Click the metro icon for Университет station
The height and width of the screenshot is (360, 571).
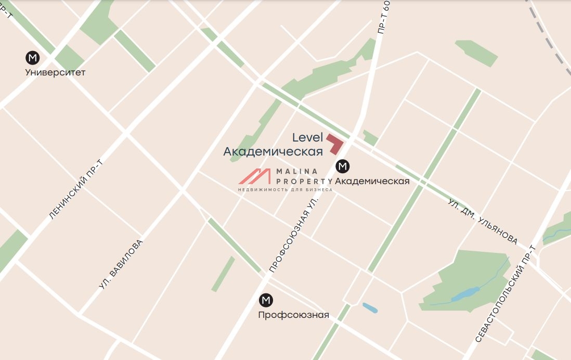tap(33, 57)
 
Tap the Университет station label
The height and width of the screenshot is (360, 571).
tap(55, 72)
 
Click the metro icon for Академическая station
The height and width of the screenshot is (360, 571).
tap(343, 166)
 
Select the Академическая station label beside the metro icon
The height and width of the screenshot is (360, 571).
tap(372, 181)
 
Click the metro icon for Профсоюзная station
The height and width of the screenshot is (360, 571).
tap(266, 300)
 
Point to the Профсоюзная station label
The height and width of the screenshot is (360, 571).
tap(294, 315)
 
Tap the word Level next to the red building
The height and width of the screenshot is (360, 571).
tap(307, 137)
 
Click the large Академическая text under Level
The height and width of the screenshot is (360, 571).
tap(273, 151)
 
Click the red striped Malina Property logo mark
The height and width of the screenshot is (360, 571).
tap(255, 177)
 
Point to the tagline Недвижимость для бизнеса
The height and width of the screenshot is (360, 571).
tap(285, 190)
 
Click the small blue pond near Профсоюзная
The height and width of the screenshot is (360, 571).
tap(370, 307)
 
